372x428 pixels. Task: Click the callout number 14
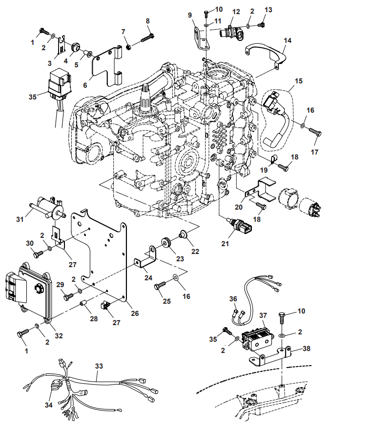[x=287, y=41]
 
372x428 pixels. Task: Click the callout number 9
[x=191, y=15]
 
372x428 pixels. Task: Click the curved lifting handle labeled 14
[x=265, y=51]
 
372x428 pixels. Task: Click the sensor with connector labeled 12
[x=230, y=33]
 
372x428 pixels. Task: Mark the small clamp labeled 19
[x=273, y=158]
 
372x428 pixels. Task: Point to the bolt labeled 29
[x=68, y=295]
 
